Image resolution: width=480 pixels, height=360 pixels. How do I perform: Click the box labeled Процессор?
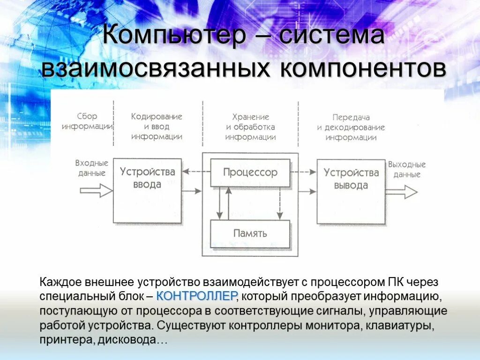coord(250,172)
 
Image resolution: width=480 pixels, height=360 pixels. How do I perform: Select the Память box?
coord(250,233)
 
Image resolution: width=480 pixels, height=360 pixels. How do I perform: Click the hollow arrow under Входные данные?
coord(96,191)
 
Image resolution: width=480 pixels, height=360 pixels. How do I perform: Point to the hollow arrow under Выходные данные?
coord(401,191)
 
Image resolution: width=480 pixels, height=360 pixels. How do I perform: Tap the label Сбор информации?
coord(87,121)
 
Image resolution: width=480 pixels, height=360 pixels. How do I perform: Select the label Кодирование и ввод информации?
coord(157,127)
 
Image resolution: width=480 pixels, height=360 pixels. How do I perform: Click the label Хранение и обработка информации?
coord(250,127)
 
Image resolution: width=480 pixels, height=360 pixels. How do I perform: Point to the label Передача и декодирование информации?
coord(351,127)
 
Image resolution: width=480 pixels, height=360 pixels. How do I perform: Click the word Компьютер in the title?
coord(172,36)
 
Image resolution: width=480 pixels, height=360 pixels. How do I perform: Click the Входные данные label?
coord(91,168)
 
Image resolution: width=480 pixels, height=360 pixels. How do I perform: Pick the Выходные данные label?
coord(406,169)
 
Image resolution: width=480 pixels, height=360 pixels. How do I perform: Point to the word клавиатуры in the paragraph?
coord(403,325)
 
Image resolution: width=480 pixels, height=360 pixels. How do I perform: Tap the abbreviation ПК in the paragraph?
coord(394,283)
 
